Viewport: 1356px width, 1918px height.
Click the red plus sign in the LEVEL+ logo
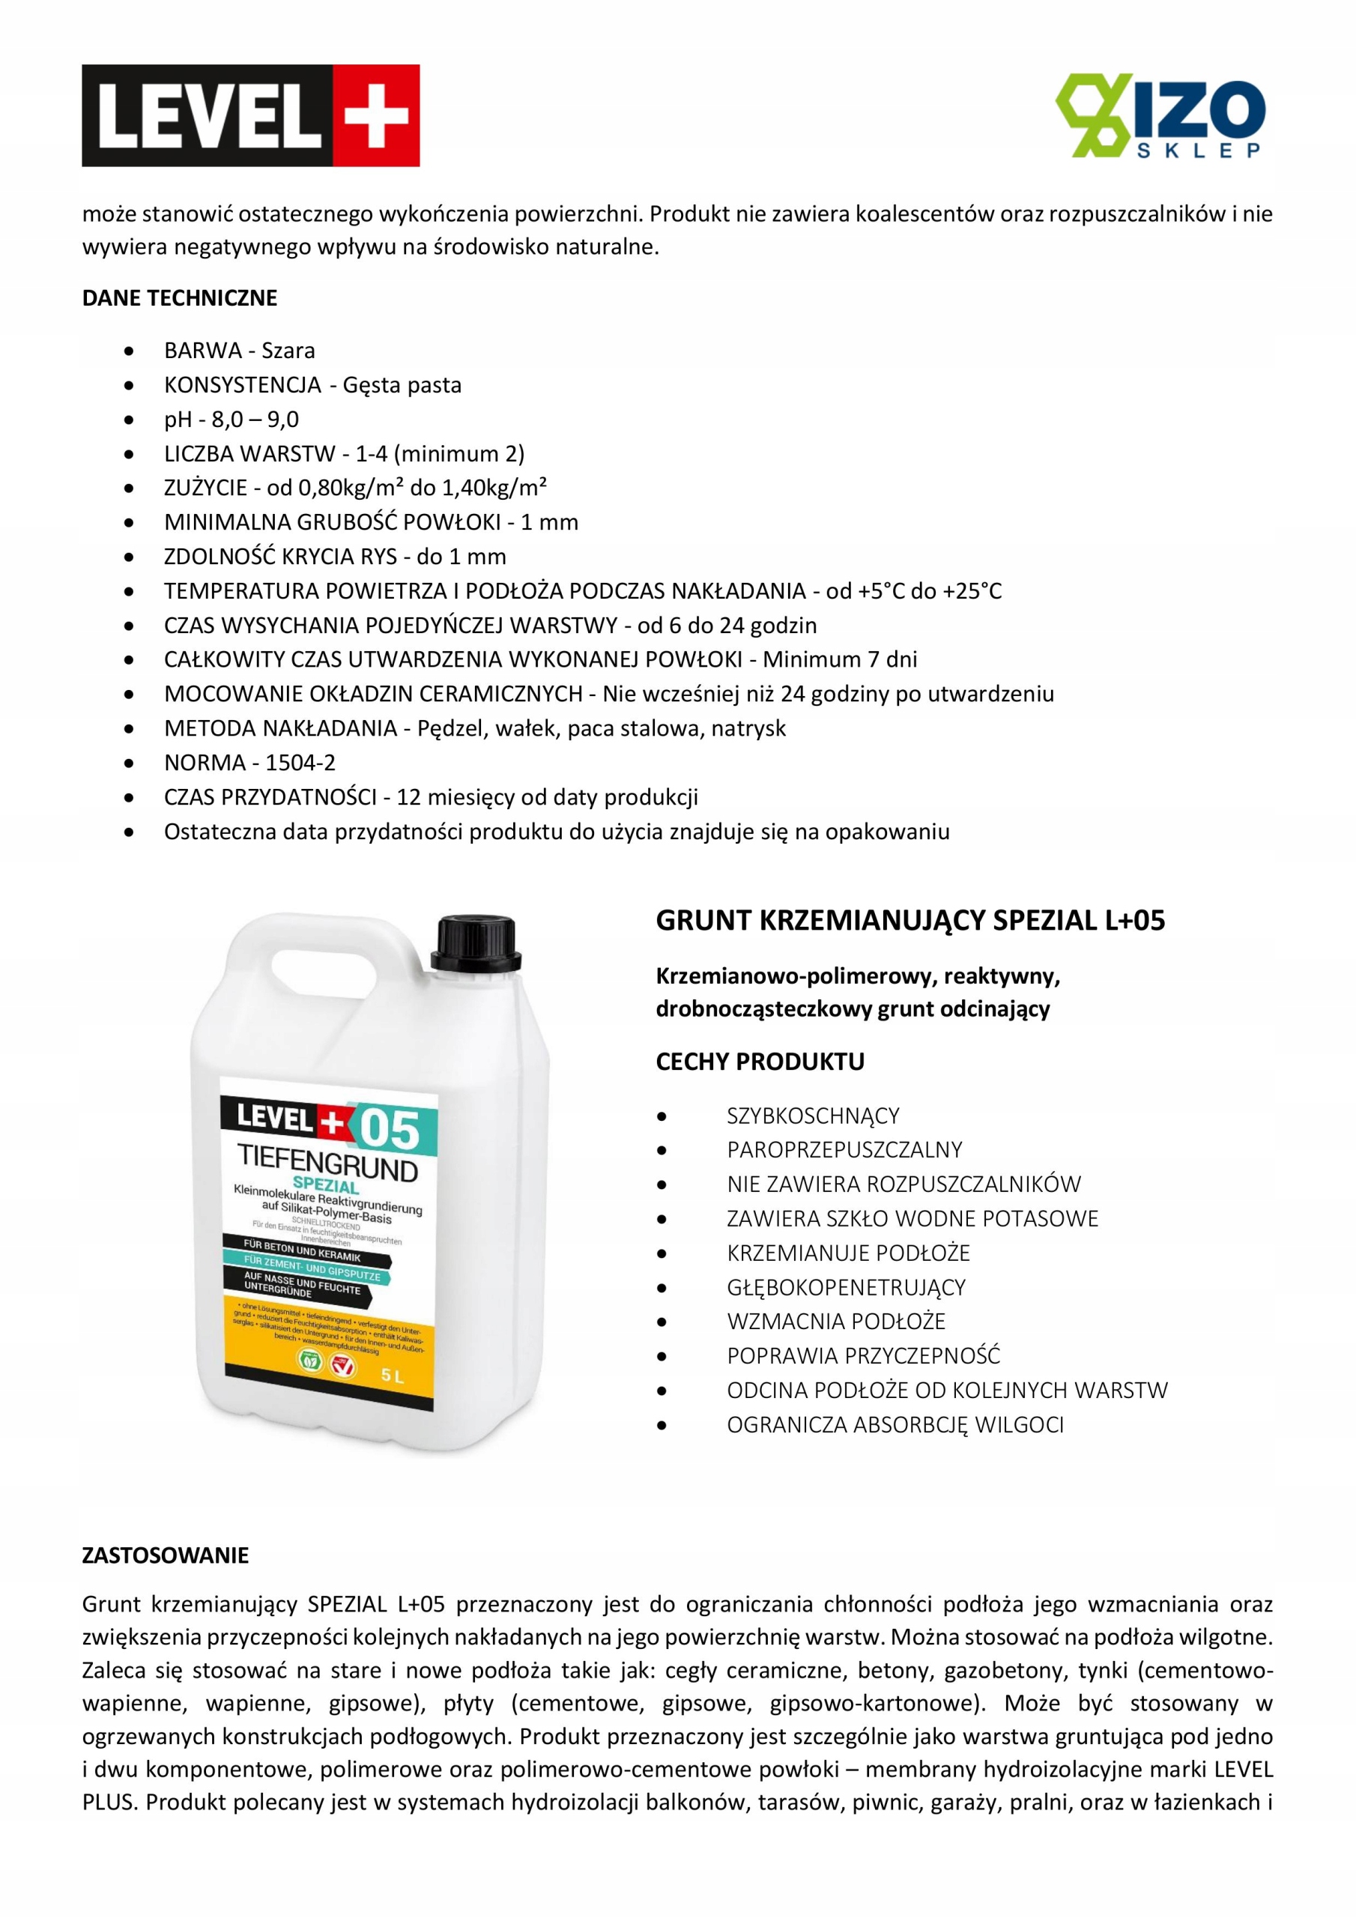(x=376, y=115)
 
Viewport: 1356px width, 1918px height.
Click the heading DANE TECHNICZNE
(x=180, y=298)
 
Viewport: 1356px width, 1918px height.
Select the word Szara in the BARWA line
(x=288, y=351)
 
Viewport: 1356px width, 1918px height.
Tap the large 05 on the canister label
(x=390, y=1129)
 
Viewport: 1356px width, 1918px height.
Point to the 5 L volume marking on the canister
(x=392, y=1375)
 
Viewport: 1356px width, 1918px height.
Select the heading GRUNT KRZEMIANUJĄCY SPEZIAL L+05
(x=909, y=921)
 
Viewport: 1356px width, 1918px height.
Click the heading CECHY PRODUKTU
(x=760, y=1062)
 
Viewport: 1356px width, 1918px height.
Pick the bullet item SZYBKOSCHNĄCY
(x=813, y=1116)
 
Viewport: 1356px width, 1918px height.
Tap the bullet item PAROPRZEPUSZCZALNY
(x=844, y=1150)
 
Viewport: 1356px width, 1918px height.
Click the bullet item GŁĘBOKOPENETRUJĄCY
(x=846, y=1287)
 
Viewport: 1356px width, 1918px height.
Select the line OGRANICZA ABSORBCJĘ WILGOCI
(x=895, y=1425)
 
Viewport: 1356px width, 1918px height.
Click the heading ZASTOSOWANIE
(x=166, y=1555)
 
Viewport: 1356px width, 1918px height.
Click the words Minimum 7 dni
(x=840, y=660)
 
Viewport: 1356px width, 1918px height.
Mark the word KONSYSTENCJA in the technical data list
(x=242, y=385)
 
